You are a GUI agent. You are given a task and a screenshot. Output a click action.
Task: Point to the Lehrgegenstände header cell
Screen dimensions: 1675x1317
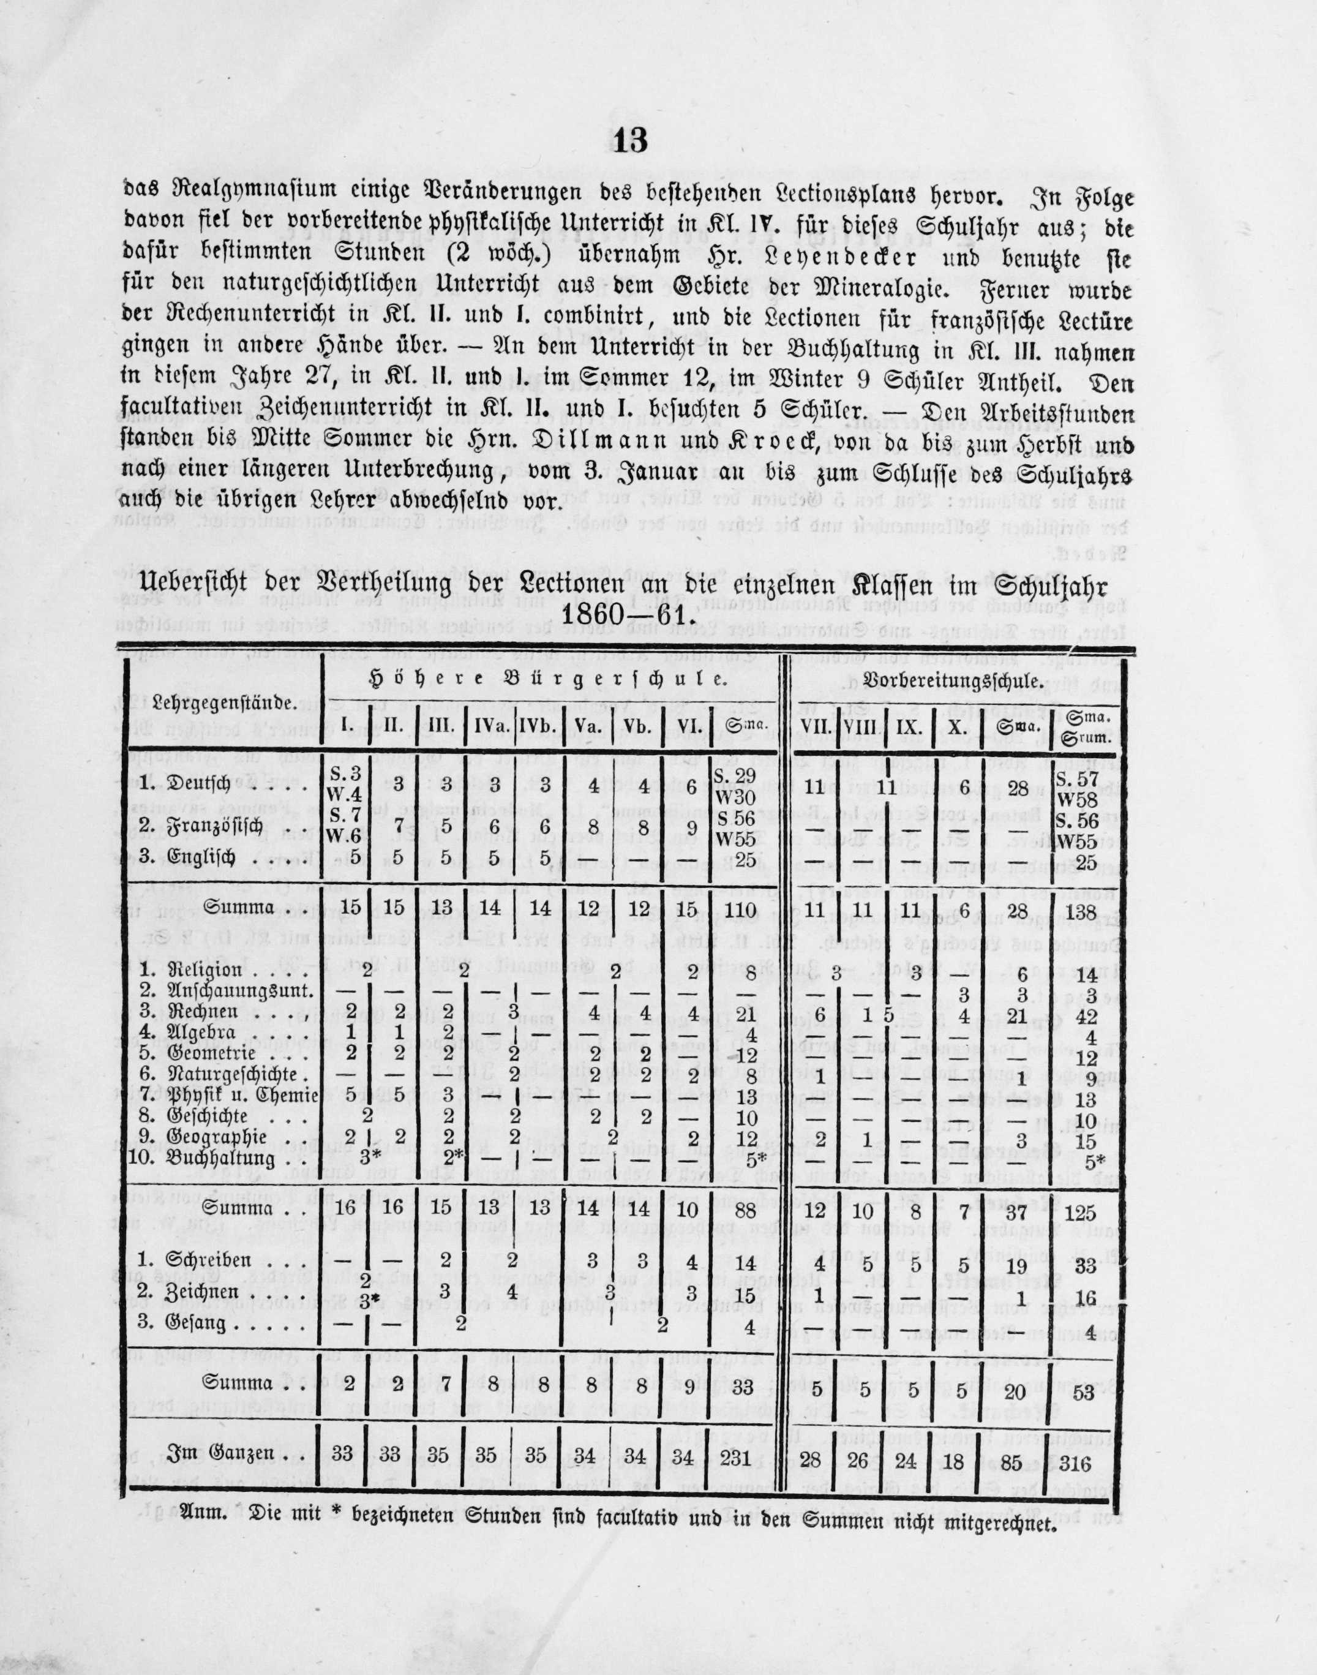[222, 702]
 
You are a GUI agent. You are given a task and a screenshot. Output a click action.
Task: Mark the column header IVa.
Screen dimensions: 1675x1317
[487, 725]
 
